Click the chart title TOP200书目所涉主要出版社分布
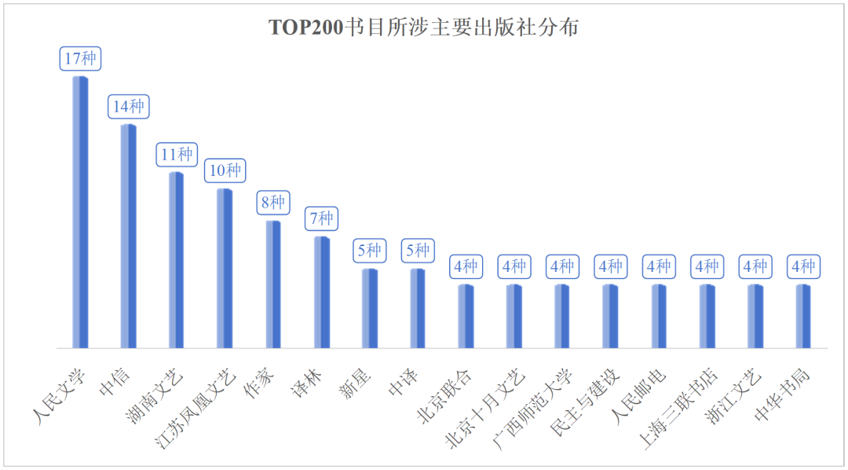point(424,28)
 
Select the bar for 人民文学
point(80,212)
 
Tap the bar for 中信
point(128,236)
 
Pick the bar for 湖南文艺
point(177,259)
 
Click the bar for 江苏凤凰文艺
point(225,268)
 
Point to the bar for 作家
point(273,284)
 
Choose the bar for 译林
point(321,292)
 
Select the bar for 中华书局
point(803,316)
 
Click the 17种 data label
point(81,59)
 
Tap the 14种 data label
point(129,107)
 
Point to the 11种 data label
point(177,155)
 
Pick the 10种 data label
point(225,171)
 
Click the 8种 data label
point(273,203)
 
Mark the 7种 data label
point(321,218)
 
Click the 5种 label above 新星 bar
point(370,251)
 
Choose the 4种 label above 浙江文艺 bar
point(755,266)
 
